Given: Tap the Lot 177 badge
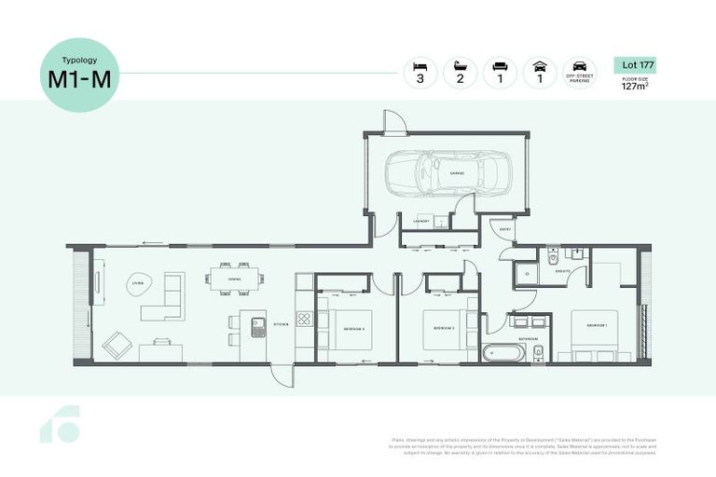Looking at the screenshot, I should (x=635, y=64).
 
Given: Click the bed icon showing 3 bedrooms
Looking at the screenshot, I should (x=420, y=68).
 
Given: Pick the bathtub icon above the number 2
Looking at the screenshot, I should (x=460, y=68).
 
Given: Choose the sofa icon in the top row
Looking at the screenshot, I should (x=499, y=68).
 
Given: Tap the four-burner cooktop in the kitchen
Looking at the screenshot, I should (x=304, y=319).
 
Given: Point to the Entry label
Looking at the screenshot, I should (x=504, y=228).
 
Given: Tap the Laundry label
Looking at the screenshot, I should (x=420, y=221).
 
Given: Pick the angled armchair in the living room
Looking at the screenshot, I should (x=117, y=345).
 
